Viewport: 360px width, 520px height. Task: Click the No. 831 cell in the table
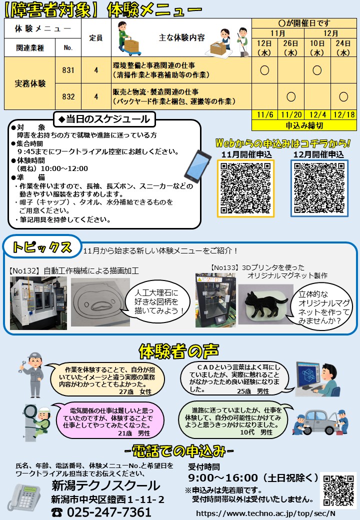(x=68, y=70)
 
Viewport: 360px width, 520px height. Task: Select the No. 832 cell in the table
(x=68, y=96)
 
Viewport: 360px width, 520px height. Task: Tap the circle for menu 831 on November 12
(x=264, y=70)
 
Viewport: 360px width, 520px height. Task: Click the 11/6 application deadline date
(x=264, y=114)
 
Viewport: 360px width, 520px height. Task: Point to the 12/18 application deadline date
(x=343, y=114)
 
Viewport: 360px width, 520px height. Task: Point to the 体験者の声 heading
(x=179, y=351)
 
